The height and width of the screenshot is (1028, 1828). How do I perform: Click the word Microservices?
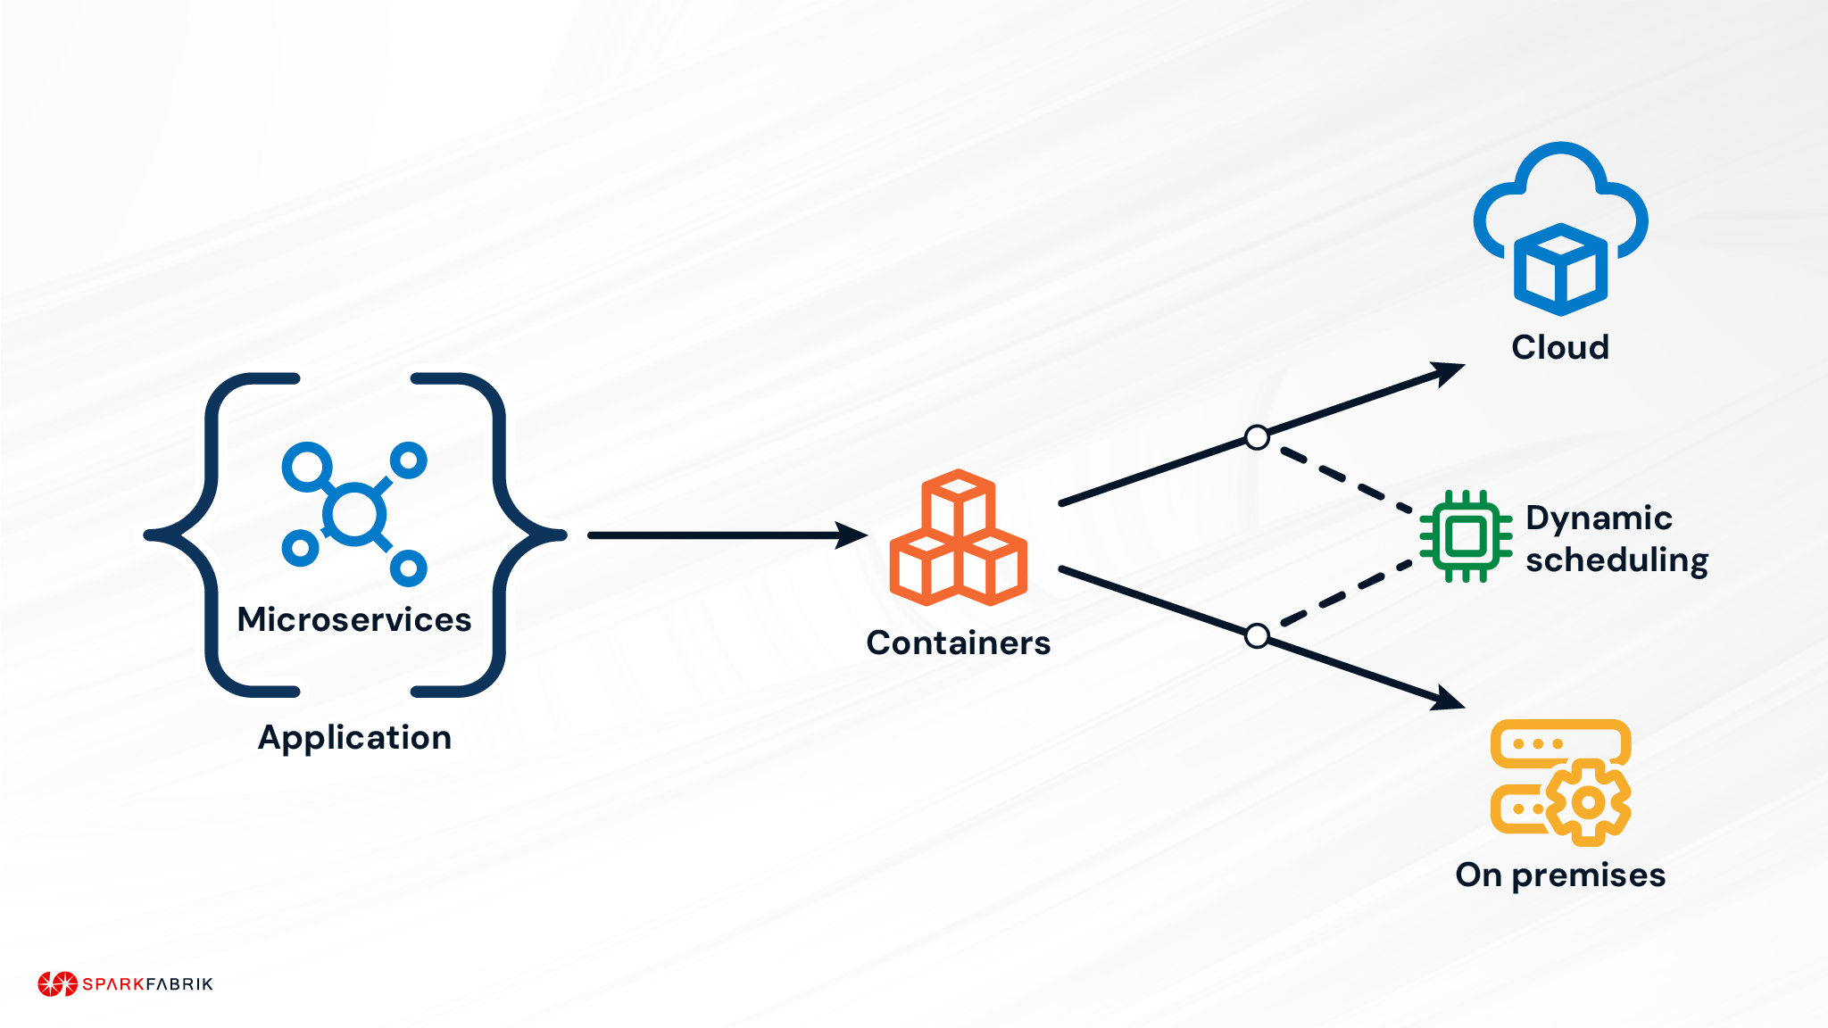pyautogui.click(x=353, y=619)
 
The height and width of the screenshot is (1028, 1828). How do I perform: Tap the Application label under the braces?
pyautogui.click(x=354, y=738)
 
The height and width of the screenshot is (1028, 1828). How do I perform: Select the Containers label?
pyautogui.click(x=958, y=642)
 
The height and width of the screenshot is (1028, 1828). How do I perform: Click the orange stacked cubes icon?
pyautogui.click(x=958, y=539)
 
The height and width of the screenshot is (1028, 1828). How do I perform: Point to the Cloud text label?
pyautogui.click(x=1559, y=347)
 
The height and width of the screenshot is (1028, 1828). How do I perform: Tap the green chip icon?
pyautogui.click(x=1466, y=536)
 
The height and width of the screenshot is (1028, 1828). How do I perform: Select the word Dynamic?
pyautogui.click(x=1598, y=518)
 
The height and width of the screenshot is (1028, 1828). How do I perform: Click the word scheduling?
pyautogui.click(x=1616, y=560)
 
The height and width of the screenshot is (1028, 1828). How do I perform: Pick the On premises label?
pyautogui.click(x=1559, y=875)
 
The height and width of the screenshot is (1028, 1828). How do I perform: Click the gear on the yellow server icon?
pyautogui.click(x=1589, y=802)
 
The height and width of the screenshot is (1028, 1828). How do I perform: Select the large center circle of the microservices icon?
pyautogui.click(x=354, y=514)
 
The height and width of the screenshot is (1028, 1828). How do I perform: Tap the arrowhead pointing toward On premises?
pyautogui.click(x=1446, y=699)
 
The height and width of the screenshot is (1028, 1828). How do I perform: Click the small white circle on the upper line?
pyautogui.click(x=1257, y=437)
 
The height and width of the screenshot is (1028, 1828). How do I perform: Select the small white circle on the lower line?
pyautogui.click(x=1257, y=635)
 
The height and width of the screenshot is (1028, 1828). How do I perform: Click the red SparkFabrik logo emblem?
pyautogui.click(x=58, y=983)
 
